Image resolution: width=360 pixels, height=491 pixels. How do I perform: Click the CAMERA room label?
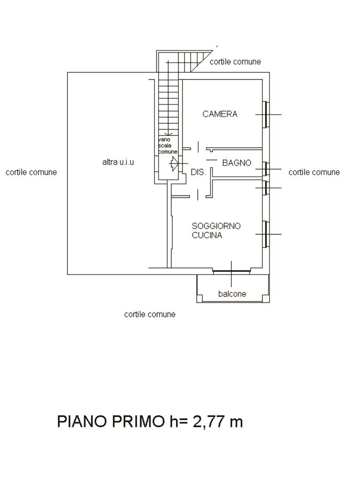[x=220, y=114]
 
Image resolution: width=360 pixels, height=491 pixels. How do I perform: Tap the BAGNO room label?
[x=236, y=162]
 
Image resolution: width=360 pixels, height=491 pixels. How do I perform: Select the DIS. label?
[x=199, y=172]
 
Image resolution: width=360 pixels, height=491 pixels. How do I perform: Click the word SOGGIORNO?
[x=216, y=226]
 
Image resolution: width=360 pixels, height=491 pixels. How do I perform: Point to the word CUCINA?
[x=207, y=235]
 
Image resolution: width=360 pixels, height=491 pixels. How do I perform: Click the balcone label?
[x=232, y=294]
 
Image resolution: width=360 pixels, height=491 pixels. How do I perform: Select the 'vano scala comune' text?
[x=168, y=145]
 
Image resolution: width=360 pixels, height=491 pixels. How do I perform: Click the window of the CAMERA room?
[x=265, y=114]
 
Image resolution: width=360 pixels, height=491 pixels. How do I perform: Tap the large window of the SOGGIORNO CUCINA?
[x=265, y=234]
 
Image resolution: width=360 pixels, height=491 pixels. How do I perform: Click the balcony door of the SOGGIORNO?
[x=231, y=271]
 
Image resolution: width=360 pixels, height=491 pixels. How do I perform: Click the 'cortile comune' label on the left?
[x=31, y=172]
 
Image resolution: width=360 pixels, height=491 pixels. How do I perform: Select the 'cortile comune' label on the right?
[x=314, y=172]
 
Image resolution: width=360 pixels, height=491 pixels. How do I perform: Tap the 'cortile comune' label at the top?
[x=235, y=62]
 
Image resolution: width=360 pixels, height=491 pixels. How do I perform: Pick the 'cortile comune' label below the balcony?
[x=150, y=314]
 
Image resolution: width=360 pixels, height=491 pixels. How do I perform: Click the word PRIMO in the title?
[x=138, y=421]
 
